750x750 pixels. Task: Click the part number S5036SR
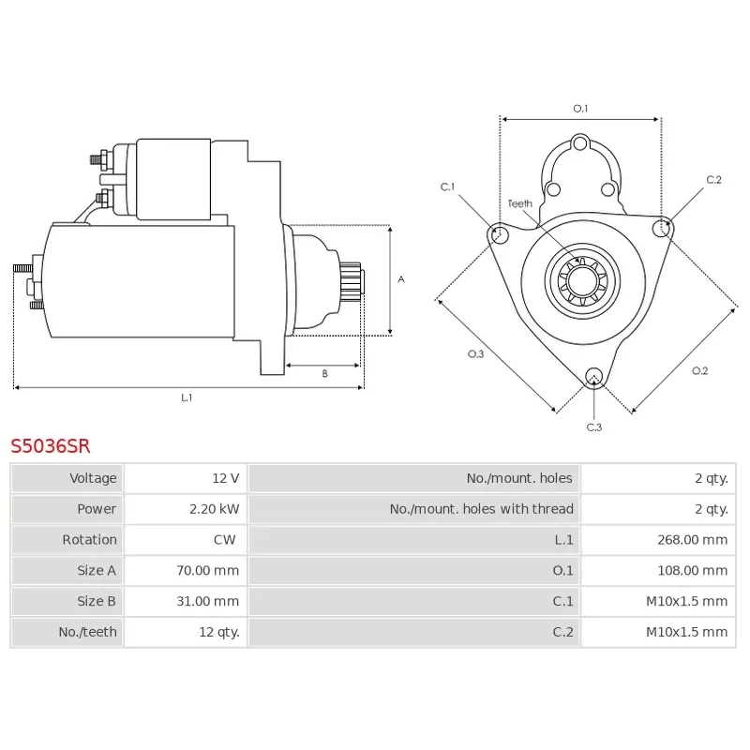(51, 445)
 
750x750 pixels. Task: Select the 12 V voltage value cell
(225, 478)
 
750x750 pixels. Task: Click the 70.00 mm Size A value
(208, 570)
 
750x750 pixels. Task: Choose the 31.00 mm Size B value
(208, 601)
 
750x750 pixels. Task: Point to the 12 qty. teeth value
(219, 632)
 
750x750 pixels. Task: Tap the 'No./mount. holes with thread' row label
(481, 509)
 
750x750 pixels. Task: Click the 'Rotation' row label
(89, 540)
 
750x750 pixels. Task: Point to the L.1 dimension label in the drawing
(187, 397)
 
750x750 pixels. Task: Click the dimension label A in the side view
(401, 279)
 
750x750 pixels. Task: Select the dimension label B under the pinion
(324, 374)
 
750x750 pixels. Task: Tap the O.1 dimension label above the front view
(580, 109)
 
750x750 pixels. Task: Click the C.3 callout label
(593, 427)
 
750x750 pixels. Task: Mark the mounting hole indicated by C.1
(499, 232)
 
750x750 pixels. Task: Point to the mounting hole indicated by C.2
(664, 227)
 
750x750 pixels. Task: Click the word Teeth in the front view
(519, 203)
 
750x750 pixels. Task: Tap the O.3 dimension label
(475, 353)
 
